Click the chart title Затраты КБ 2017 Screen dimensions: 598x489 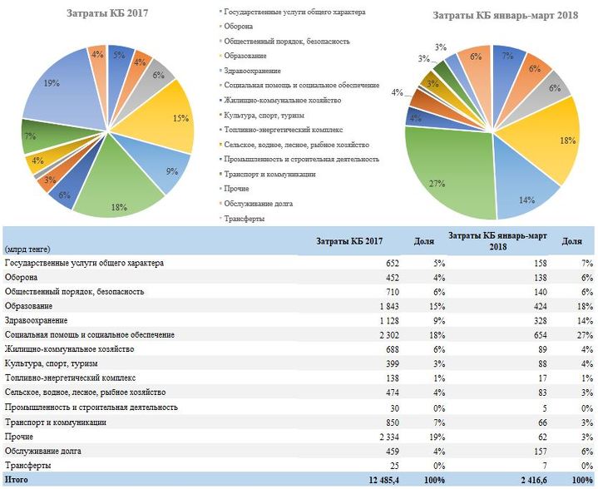point(107,13)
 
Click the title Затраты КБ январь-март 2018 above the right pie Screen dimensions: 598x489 point(506,15)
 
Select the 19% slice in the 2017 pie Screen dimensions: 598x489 point(61,91)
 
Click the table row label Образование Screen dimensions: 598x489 point(28,306)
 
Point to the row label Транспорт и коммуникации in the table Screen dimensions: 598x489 point(55,422)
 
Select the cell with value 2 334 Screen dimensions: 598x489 point(389,437)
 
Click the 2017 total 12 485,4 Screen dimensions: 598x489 point(384,480)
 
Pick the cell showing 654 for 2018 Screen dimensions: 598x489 point(539,335)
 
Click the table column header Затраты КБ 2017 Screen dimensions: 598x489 point(349,241)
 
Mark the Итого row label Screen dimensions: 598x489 point(17,480)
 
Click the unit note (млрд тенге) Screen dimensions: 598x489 point(27,249)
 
